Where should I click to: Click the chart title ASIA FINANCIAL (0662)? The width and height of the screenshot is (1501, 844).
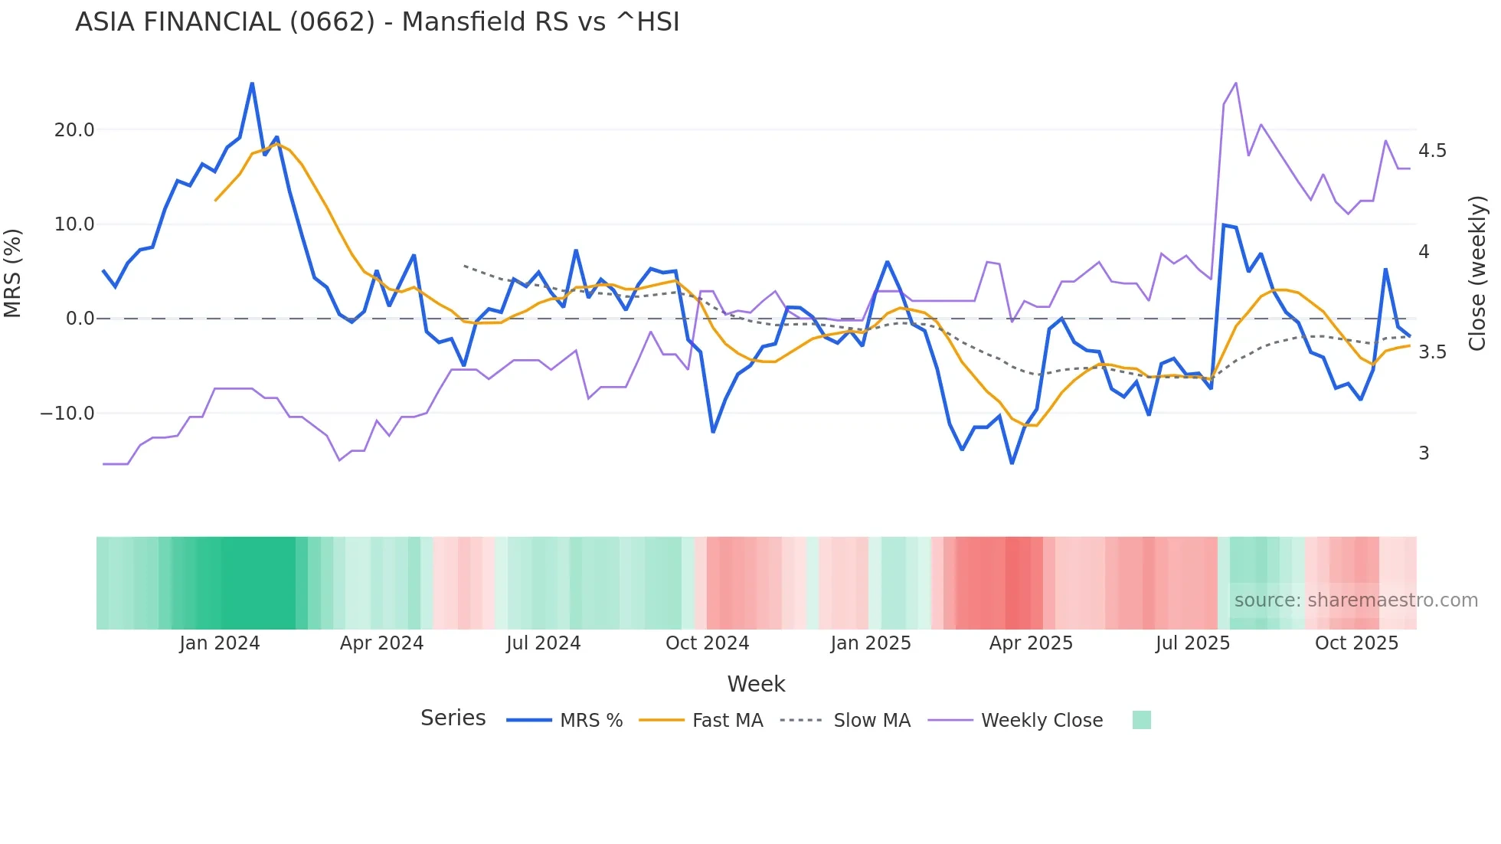(x=377, y=22)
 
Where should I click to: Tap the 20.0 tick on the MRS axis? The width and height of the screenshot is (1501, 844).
(x=74, y=130)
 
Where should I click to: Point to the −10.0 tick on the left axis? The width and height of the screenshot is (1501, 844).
(x=67, y=414)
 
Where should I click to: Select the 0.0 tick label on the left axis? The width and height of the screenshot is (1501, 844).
(x=80, y=319)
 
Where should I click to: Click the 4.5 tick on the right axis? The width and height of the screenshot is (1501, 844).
(x=1432, y=151)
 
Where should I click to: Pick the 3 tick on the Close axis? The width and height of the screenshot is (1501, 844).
(x=1424, y=453)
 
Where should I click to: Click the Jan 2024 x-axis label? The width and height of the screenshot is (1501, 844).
(x=220, y=643)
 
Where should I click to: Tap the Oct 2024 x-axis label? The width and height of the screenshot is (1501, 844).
(x=707, y=643)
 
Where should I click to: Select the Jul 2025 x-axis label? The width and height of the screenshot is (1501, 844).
(x=1192, y=643)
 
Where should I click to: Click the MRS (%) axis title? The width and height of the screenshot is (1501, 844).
(x=13, y=273)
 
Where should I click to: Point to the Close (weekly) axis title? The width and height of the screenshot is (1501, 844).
(x=1477, y=273)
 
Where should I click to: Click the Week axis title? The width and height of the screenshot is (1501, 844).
(x=756, y=684)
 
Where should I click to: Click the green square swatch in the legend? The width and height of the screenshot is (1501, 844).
(x=1141, y=720)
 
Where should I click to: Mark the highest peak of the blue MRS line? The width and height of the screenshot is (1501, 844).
(x=252, y=83)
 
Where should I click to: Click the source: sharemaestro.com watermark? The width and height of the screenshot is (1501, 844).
(x=1355, y=600)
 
